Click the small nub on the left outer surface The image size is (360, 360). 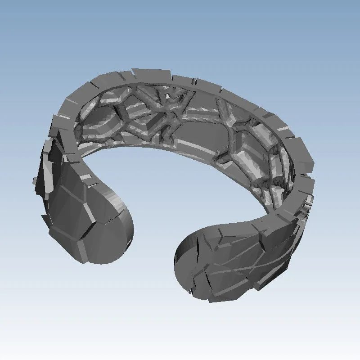coord(35,180)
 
